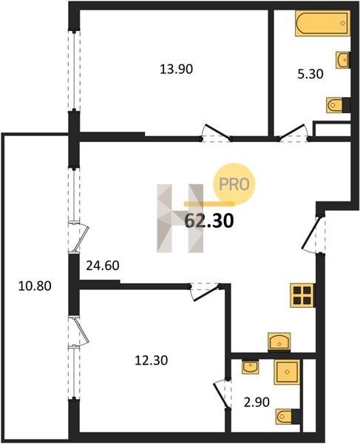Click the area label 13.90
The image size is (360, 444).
click(176, 69)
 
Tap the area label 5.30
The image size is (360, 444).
click(310, 74)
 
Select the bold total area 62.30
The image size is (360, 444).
click(209, 221)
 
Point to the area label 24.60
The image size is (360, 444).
click(102, 266)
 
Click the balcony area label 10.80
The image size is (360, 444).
click(35, 286)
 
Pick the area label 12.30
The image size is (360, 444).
click(152, 360)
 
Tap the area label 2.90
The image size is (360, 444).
click(257, 402)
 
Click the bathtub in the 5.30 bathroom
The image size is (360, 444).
click(323, 23)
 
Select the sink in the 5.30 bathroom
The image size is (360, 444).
click(343, 60)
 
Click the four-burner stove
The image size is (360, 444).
click(302, 295)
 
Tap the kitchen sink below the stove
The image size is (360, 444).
click(279, 343)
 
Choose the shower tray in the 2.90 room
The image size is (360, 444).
click(287, 371)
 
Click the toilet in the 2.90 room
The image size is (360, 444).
click(288, 416)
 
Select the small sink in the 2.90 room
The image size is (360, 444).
click(251, 367)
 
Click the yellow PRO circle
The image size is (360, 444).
click(234, 184)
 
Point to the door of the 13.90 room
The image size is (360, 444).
click(217, 132)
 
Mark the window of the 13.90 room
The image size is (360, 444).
click(74, 70)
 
